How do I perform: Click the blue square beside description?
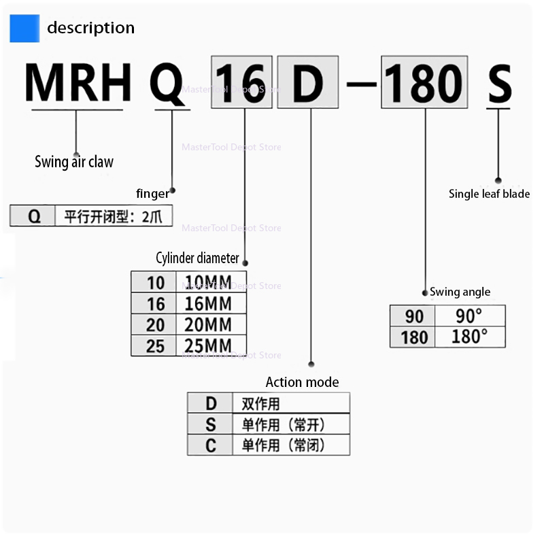24,29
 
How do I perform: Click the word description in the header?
91,28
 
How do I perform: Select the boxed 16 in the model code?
242,82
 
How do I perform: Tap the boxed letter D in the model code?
308,82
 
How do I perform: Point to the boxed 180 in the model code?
424,82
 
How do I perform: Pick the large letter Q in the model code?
167,84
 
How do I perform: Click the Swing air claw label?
74,162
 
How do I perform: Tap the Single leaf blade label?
489,194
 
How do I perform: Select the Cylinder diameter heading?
197,258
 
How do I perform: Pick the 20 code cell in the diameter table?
154,325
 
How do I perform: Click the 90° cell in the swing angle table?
470,316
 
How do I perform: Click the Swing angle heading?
460,292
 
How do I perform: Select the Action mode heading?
302,382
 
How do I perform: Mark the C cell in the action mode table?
210,445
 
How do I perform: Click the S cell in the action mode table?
210,424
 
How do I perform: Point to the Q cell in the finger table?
33,216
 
